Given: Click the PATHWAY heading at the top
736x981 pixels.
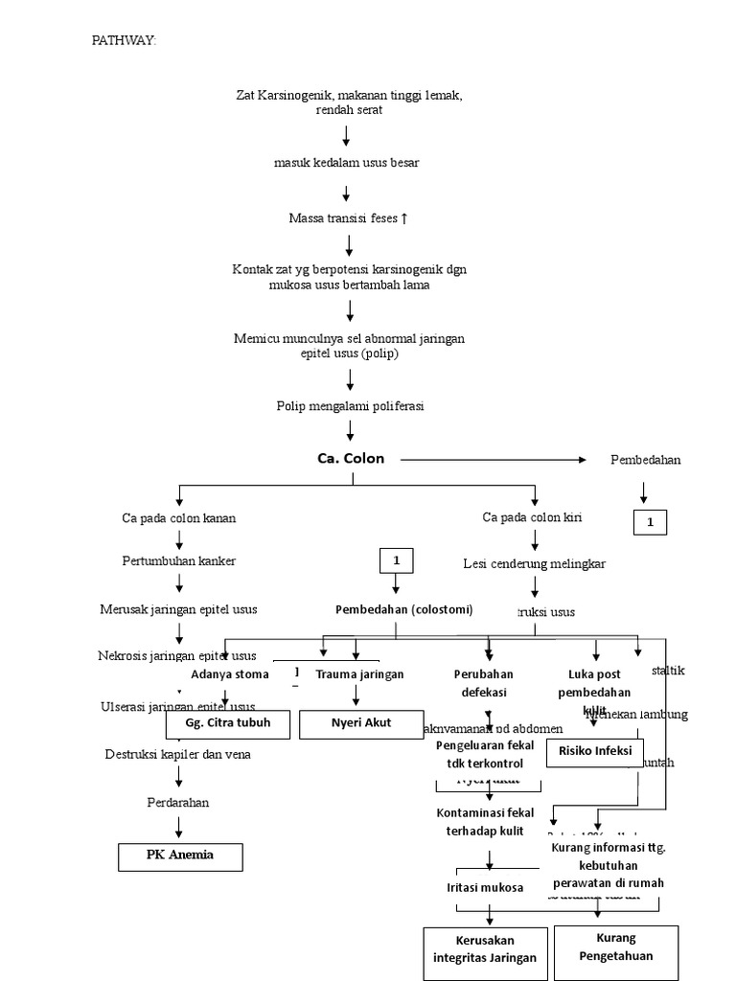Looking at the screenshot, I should click(123, 40).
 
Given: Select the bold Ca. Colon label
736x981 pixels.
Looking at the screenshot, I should click(351, 459).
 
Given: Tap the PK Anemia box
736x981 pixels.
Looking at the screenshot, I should click(180, 856).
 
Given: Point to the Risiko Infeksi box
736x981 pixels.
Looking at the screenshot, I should click(595, 752).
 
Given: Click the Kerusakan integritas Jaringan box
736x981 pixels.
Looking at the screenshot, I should click(485, 952).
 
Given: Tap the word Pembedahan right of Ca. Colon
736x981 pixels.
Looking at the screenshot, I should click(645, 460).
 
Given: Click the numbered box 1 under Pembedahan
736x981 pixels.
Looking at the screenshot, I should click(649, 522).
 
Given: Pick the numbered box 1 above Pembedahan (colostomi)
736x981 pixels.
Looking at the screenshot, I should click(395, 559).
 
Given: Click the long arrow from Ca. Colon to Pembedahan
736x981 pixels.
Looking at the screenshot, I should click(493, 460).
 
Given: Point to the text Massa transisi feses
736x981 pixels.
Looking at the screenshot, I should click(348, 218).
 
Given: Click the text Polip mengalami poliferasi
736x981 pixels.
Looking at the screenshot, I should click(349, 406).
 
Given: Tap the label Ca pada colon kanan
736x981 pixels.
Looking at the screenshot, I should click(178, 518).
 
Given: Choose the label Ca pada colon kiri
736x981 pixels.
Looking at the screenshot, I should click(532, 517).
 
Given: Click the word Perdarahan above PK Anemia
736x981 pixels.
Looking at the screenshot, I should click(178, 802).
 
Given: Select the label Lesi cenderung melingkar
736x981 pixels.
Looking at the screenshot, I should click(534, 564).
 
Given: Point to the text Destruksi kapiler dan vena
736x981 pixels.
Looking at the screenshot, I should click(178, 755).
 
